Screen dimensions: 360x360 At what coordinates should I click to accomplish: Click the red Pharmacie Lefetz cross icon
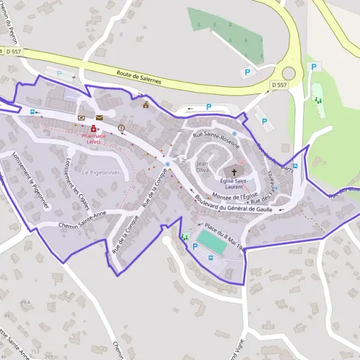(94, 129)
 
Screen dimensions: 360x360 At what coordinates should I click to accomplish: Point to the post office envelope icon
(99, 118)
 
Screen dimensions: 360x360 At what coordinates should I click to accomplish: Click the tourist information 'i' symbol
(122, 128)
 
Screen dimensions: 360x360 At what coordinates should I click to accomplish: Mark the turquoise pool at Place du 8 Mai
(212, 241)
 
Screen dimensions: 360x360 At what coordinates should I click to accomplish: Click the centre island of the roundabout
(290, 74)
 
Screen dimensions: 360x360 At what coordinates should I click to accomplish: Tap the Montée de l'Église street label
(235, 196)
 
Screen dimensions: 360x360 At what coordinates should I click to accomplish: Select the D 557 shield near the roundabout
(279, 86)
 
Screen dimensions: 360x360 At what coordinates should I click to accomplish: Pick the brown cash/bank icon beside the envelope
(82, 118)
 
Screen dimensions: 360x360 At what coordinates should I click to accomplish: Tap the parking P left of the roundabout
(247, 73)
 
